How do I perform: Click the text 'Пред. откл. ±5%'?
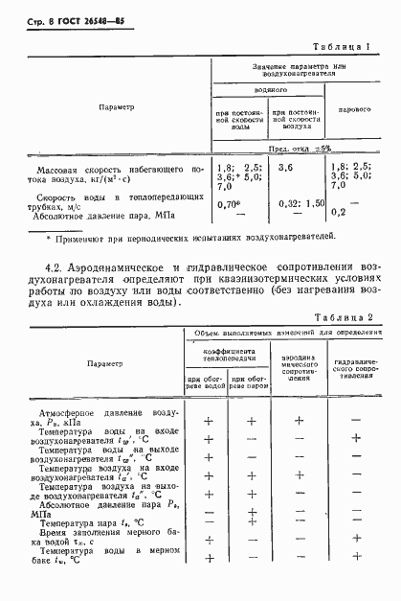[300, 148]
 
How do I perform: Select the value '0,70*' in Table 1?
[228, 203]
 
